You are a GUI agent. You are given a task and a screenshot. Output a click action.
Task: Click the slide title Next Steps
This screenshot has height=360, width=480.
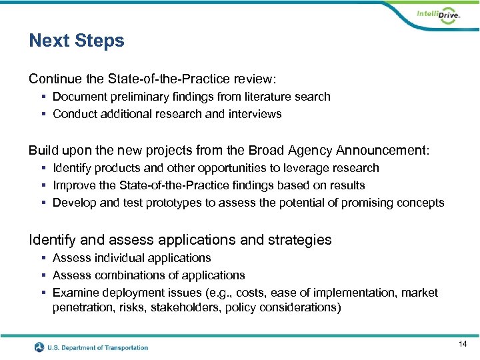(77, 41)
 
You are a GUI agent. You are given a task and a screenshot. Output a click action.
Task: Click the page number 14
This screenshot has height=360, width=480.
(463, 344)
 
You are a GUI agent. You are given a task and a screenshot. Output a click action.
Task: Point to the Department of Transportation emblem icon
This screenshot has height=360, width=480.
(40, 347)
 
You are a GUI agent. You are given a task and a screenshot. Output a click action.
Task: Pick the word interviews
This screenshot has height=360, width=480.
(255, 114)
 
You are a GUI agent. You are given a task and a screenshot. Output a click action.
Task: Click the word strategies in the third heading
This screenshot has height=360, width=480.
(299, 239)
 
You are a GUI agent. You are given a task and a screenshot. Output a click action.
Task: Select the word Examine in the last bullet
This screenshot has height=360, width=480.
(75, 293)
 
